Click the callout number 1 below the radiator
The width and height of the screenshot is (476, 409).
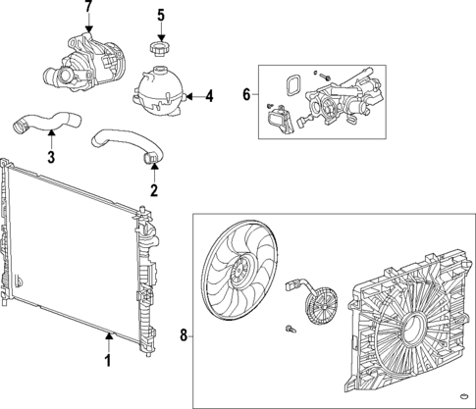[x=108, y=361]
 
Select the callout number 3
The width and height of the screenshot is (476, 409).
[x=51, y=157]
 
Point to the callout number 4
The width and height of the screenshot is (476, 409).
[x=208, y=96]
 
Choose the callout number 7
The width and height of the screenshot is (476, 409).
[x=88, y=9]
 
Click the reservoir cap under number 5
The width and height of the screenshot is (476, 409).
[x=159, y=49]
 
